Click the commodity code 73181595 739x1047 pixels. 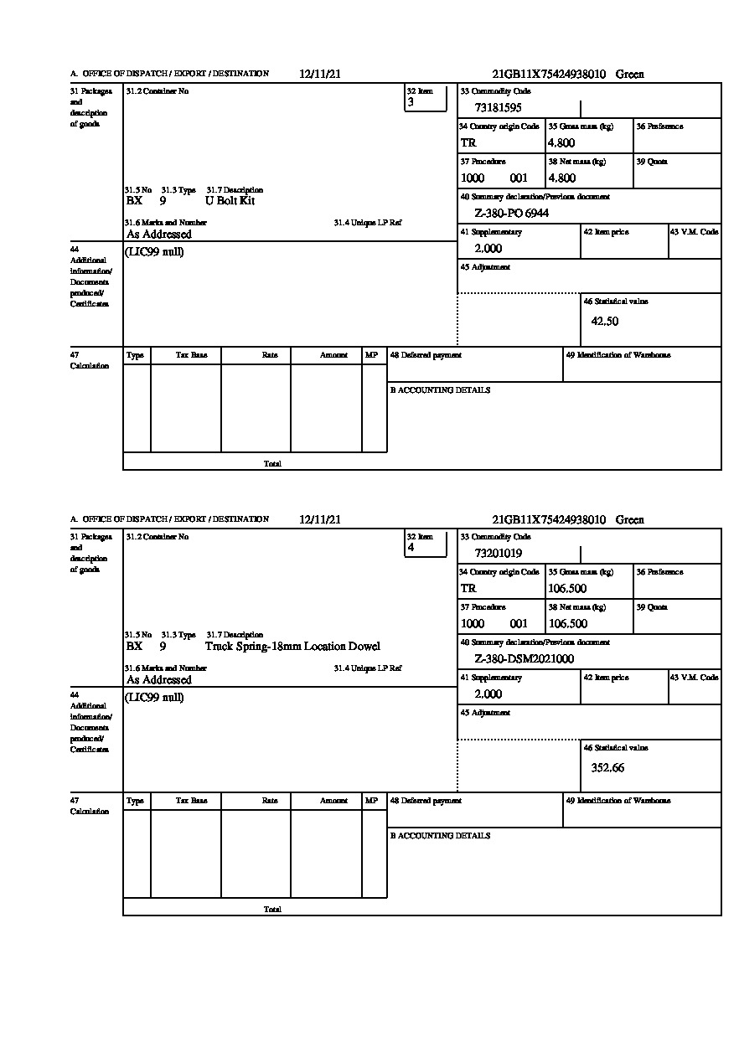click(x=498, y=108)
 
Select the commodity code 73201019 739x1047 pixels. click(x=498, y=554)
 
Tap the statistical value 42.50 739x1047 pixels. click(x=605, y=322)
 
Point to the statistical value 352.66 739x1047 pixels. click(x=607, y=767)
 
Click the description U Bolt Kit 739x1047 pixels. click(x=230, y=201)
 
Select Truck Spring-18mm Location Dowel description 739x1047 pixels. click(x=292, y=647)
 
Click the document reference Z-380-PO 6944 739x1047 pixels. click(x=511, y=214)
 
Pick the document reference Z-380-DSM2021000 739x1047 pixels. click(x=524, y=659)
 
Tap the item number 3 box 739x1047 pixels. click(x=426, y=99)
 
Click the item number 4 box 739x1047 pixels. click(x=426, y=544)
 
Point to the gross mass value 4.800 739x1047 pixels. click(x=561, y=143)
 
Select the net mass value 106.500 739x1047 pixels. click(x=567, y=624)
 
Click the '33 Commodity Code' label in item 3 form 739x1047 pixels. click(x=495, y=91)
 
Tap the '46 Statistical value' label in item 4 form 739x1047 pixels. click(x=615, y=748)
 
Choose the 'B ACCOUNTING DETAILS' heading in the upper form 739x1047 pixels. click(x=440, y=390)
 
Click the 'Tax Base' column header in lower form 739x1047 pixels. click(x=191, y=801)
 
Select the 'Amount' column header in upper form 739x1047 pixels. click(x=333, y=355)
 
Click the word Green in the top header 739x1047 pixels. click(x=630, y=75)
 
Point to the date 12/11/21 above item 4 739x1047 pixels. click(x=320, y=520)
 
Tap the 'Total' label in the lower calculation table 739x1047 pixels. click(x=272, y=910)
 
